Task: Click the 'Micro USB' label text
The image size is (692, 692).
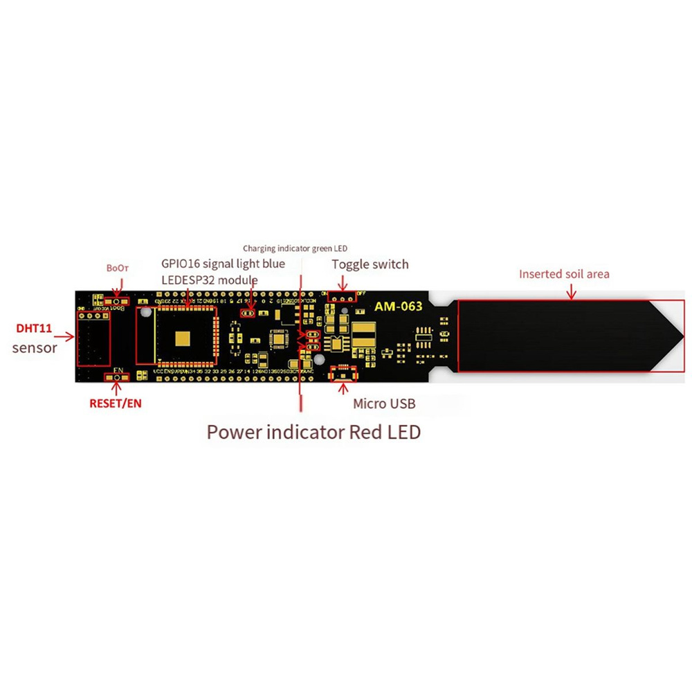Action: coord(384,404)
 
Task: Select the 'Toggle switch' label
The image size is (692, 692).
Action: coord(370,264)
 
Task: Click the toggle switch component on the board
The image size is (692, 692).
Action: coord(343,298)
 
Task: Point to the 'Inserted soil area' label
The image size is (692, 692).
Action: coord(564,274)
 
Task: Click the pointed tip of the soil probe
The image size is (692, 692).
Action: coord(675,337)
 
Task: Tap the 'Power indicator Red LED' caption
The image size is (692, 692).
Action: coord(313,432)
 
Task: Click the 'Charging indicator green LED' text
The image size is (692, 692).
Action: coord(295,248)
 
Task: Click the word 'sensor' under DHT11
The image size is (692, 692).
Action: coord(35,347)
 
